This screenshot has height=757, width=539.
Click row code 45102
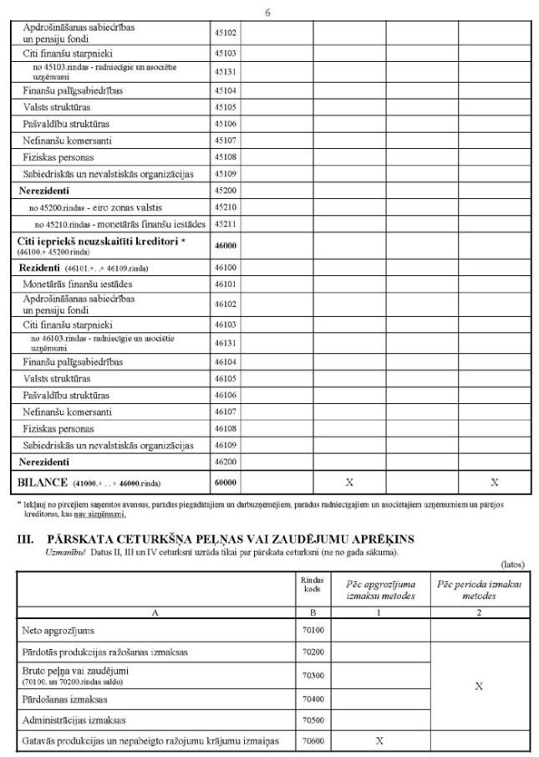point(226,33)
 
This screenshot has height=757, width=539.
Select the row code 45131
point(226,71)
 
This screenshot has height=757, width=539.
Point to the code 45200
point(226,191)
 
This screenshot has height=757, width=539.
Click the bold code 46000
point(226,247)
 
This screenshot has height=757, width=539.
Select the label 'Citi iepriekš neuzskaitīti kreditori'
point(99,241)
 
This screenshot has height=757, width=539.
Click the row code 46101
point(226,285)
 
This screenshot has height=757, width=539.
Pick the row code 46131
point(226,343)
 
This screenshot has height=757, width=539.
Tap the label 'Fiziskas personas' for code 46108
point(58,427)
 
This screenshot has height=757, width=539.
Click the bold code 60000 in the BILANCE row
point(226,483)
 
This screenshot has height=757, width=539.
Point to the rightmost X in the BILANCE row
point(495,483)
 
